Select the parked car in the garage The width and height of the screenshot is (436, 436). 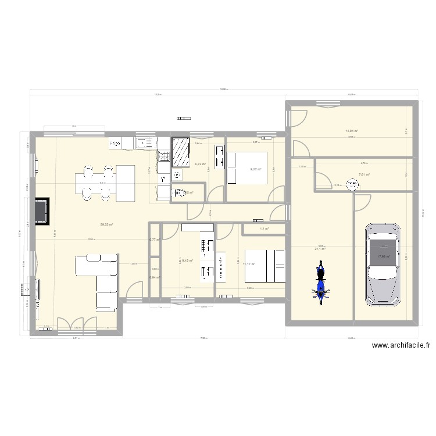pyautogui.click(x=381, y=265)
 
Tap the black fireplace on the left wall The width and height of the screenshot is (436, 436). pyautogui.click(x=41, y=210)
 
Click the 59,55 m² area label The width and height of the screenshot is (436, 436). pyautogui.click(x=106, y=224)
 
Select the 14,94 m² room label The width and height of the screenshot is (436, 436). pyautogui.click(x=352, y=131)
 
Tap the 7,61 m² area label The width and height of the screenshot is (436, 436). pyautogui.click(x=364, y=174)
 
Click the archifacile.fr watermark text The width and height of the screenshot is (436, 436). pyautogui.click(x=401, y=345)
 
